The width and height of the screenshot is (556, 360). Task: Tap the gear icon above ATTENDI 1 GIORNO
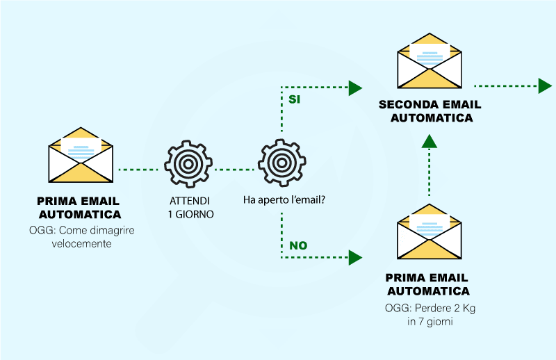point(188,164)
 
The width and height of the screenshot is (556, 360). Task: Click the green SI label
point(294,99)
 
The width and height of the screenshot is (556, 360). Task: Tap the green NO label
point(298,245)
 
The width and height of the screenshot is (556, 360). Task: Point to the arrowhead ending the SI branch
point(355,88)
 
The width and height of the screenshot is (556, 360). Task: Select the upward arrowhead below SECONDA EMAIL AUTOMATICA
point(430,140)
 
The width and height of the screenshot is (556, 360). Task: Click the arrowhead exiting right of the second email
point(545,86)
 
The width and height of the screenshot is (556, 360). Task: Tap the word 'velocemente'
point(81,243)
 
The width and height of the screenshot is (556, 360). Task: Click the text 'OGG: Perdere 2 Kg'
point(428,307)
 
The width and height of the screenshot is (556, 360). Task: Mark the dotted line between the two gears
point(235,169)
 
